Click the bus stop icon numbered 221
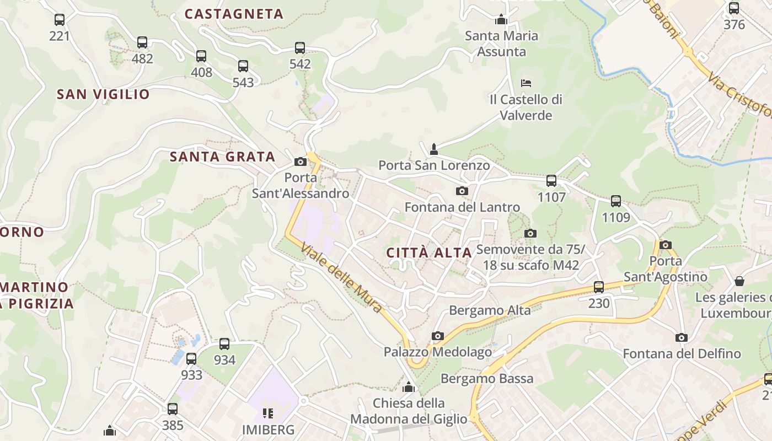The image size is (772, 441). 60,20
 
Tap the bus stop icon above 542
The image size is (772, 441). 300,48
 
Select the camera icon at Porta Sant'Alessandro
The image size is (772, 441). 301,162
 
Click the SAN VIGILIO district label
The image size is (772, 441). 103,94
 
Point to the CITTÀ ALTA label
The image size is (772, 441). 429,253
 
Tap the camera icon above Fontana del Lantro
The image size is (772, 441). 462,191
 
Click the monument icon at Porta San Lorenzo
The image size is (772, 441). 434,149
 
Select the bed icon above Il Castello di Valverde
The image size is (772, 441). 526,83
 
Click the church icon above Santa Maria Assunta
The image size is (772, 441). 501,20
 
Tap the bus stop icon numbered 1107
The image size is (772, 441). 551,181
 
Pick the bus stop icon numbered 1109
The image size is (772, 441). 616,201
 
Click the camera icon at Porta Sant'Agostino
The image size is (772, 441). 666,245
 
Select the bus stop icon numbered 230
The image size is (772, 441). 599,287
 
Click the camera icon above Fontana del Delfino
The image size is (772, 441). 682,337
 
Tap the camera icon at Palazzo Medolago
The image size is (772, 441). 438,336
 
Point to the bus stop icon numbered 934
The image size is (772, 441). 224,344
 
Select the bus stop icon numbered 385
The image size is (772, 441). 173,409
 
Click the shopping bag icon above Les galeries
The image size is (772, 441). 739,282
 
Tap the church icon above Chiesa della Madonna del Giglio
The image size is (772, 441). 409,387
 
